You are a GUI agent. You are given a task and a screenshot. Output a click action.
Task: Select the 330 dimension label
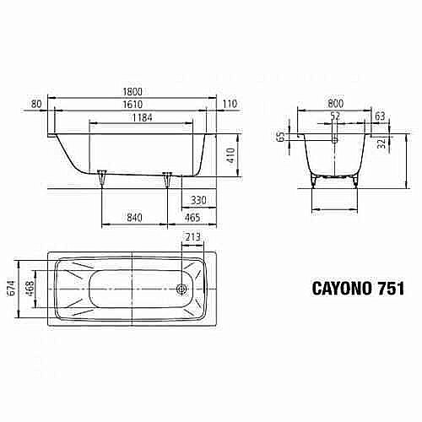click(198, 200)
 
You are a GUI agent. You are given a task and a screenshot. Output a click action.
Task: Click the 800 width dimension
click(336, 100)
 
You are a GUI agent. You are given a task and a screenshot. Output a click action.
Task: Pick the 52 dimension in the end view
click(336, 116)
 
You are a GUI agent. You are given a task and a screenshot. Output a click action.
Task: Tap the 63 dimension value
click(381, 116)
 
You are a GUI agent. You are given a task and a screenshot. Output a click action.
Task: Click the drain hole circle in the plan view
click(181, 288)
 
